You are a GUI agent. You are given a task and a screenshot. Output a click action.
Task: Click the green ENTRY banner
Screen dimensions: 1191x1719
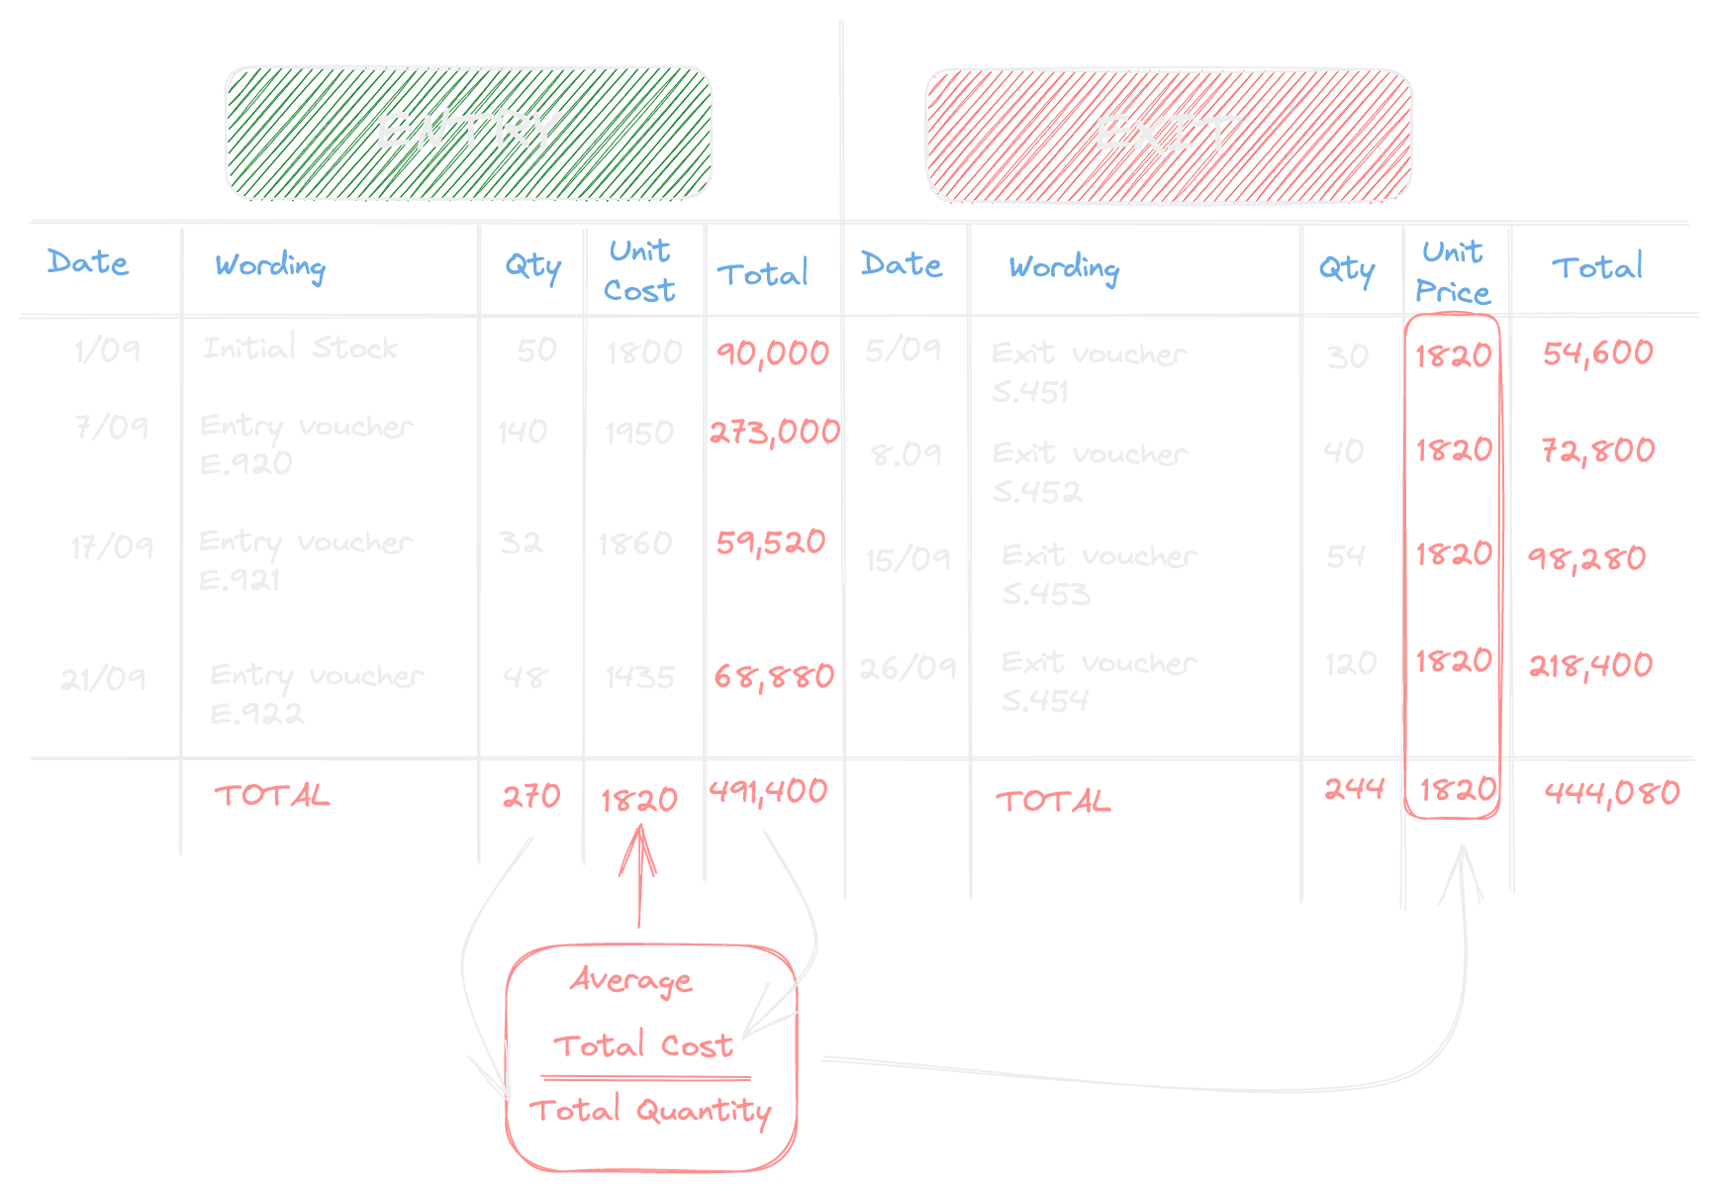(x=468, y=133)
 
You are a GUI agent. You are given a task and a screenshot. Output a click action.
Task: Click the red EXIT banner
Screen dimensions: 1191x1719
(x=1168, y=135)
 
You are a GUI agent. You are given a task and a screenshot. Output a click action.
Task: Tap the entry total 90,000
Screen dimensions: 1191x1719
(x=773, y=353)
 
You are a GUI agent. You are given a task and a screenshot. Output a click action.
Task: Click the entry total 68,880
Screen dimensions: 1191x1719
(x=774, y=677)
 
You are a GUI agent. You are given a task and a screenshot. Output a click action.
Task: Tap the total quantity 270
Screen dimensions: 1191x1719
(x=531, y=796)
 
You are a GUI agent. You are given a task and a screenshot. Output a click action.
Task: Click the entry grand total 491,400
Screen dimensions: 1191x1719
(x=768, y=792)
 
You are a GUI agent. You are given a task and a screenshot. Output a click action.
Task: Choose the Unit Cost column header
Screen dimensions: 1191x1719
(x=640, y=270)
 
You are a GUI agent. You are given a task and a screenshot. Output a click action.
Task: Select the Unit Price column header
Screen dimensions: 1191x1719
(x=1453, y=272)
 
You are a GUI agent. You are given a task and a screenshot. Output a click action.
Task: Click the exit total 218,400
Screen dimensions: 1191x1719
(x=1591, y=665)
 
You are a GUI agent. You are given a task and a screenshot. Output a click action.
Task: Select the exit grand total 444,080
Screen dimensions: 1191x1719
(x=1612, y=793)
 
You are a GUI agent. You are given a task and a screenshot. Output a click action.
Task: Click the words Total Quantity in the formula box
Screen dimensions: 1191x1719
(x=650, y=1111)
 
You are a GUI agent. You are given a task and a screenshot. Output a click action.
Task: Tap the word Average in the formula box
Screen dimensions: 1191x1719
(x=631, y=980)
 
